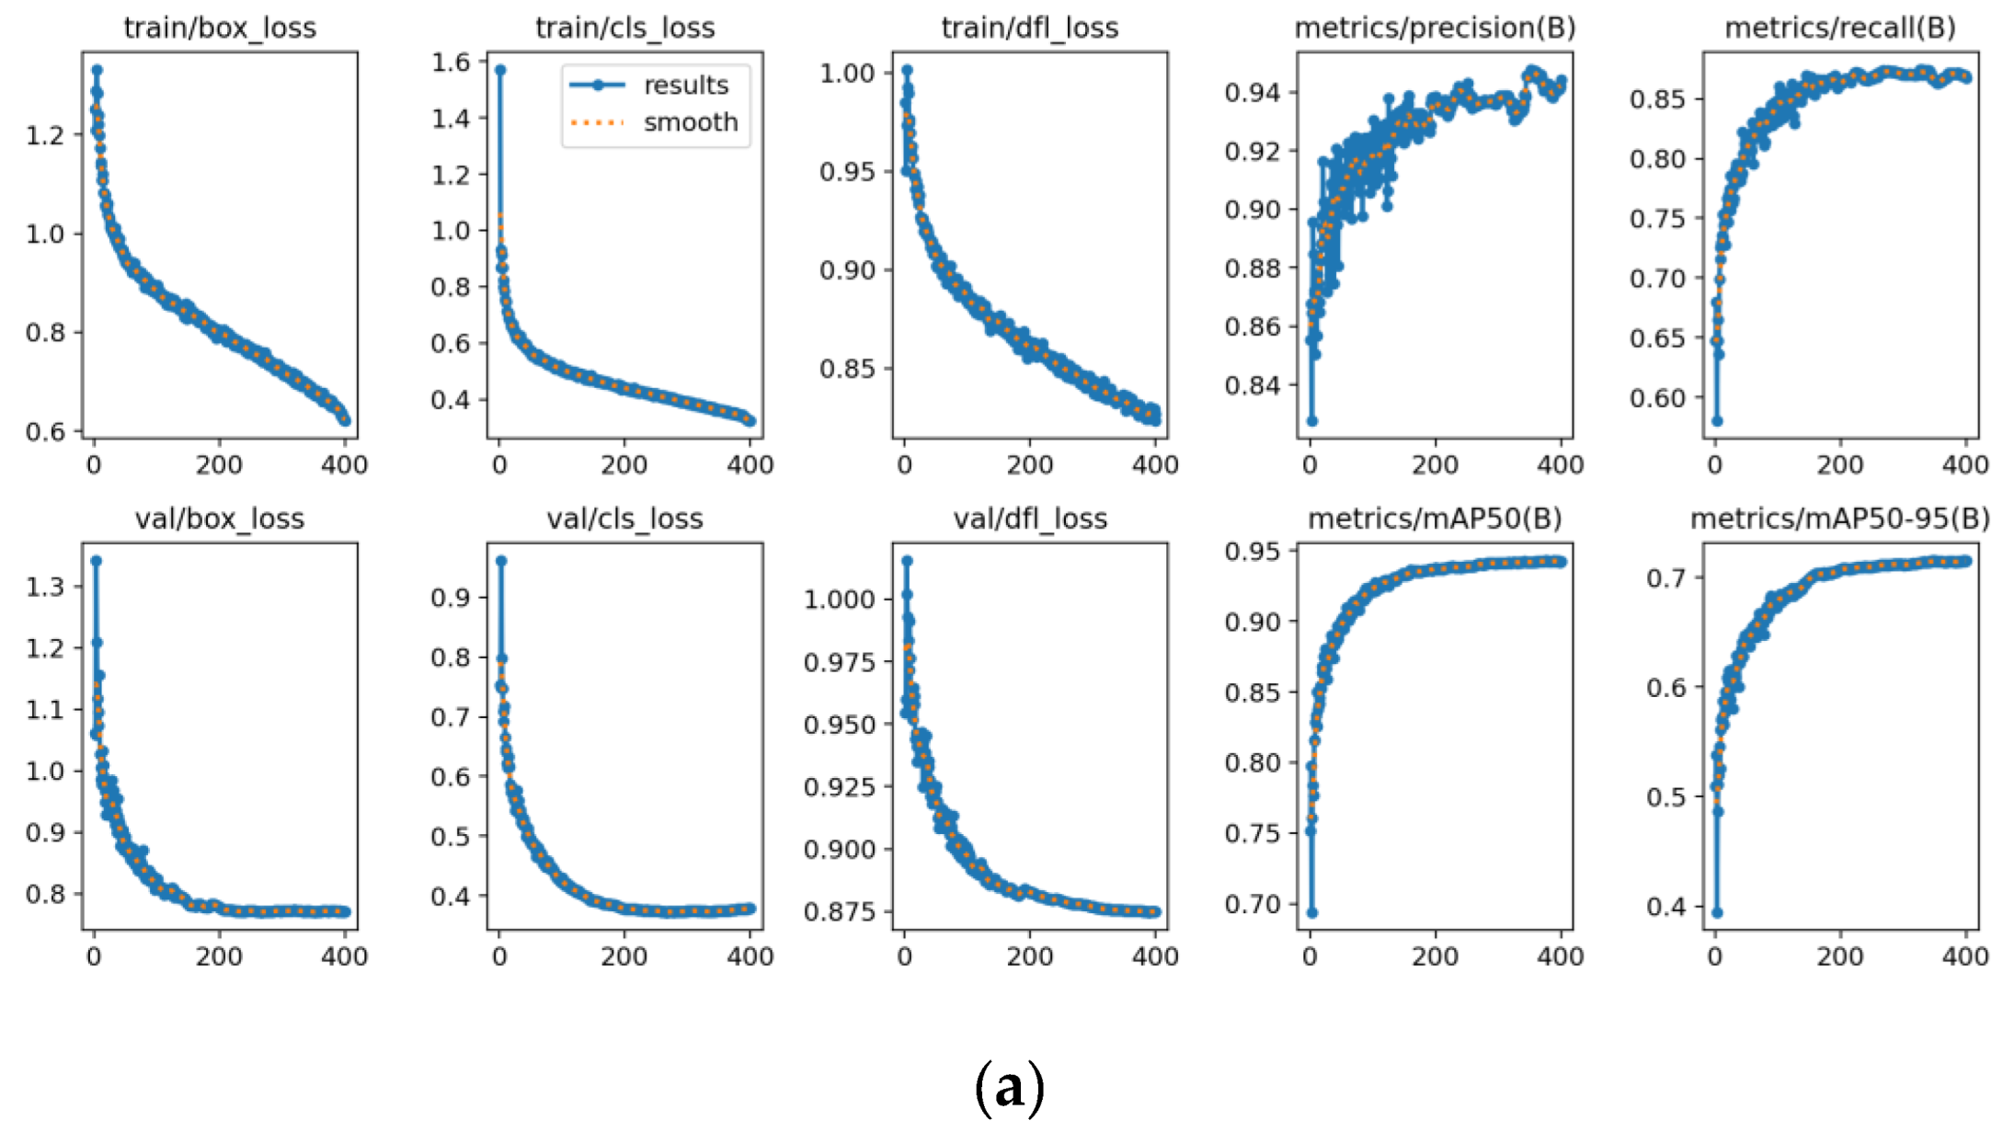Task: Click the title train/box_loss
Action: (220, 28)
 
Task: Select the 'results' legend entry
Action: (685, 86)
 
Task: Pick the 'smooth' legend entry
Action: (690, 122)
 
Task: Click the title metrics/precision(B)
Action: (1435, 28)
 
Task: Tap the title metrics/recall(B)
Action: (1839, 28)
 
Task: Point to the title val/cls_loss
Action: (624, 519)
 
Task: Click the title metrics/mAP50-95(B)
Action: (1839, 519)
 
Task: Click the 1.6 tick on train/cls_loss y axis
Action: (451, 62)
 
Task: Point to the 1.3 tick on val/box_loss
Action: (45, 587)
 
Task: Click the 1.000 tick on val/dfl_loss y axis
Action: (839, 600)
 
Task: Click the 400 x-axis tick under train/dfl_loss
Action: (1155, 465)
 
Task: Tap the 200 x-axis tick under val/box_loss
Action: (219, 957)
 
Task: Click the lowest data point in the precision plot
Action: (1312, 421)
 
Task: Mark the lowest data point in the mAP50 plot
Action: (1312, 913)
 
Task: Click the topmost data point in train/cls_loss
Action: (500, 70)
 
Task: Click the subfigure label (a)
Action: (1009, 1088)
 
